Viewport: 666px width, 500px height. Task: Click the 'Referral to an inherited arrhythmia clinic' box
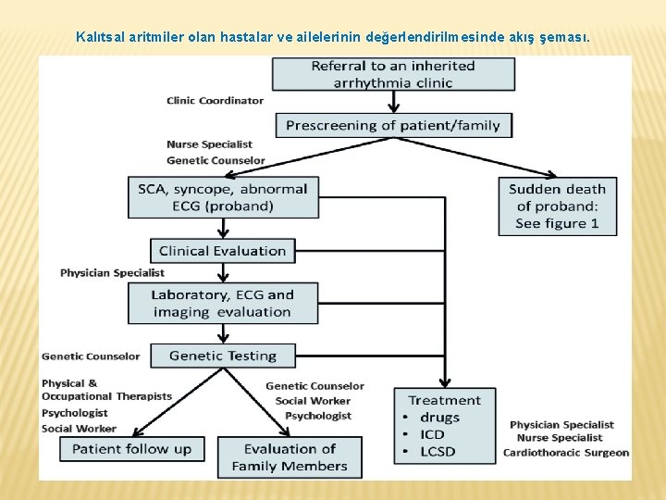pos(393,74)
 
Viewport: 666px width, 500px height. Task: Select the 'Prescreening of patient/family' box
pos(393,125)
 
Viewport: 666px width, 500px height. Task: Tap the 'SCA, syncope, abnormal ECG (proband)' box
pos(222,197)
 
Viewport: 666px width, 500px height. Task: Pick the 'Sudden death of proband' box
pos(557,206)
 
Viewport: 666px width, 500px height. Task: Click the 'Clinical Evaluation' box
pos(223,251)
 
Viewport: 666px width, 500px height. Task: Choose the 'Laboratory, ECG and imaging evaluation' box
pos(223,303)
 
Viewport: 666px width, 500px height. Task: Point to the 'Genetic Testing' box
pos(223,356)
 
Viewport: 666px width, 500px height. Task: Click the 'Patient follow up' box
pos(132,449)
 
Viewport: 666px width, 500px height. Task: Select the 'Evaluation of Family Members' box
pos(290,457)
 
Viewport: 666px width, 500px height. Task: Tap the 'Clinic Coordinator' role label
pos(215,100)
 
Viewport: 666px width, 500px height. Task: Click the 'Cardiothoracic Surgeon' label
pos(565,453)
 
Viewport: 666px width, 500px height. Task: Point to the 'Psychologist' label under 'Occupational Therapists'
pos(75,413)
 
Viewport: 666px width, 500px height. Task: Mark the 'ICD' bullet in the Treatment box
pos(432,434)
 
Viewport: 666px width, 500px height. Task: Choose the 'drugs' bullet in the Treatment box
pos(439,418)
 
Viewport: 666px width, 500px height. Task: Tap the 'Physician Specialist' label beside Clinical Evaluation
pos(112,273)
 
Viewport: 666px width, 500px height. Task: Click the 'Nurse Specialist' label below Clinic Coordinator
pos(209,144)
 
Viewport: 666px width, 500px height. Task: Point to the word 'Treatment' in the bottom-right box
pos(445,401)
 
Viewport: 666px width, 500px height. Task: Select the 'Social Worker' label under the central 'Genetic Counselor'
pos(313,401)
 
